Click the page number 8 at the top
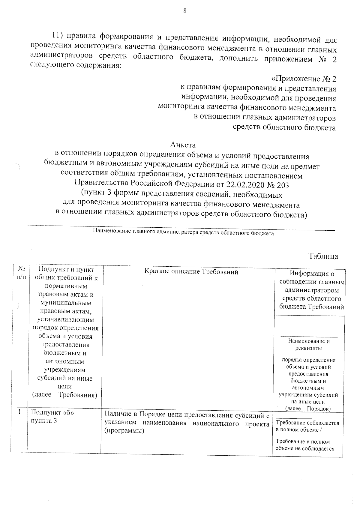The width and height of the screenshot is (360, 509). tap(185, 11)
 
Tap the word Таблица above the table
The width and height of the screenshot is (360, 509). tap(323, 256)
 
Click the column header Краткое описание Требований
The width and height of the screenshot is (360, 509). tap(191, 272)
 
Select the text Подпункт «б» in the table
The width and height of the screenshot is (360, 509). tap(52, 412)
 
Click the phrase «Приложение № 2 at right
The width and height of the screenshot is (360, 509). tap(303, 79)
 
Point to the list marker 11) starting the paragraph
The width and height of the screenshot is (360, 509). tap(57, 35)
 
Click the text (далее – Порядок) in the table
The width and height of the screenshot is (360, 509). tap(308, 409)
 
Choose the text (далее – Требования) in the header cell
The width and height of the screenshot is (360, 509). tap(64, 395)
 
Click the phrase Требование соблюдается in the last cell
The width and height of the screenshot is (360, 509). tap(307, 423)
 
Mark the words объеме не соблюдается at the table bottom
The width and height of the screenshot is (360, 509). tap(305, 449)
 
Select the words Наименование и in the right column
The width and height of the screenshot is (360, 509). tap(309, 341)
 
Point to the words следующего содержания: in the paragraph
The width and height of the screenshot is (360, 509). tap(76, 65)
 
